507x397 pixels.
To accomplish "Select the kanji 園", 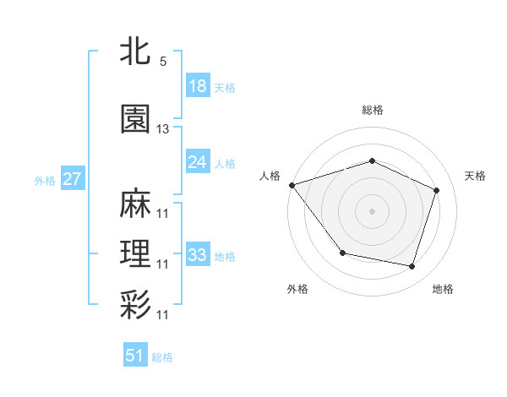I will (x=135, y=120).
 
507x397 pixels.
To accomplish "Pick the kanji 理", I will (x=135, y=253).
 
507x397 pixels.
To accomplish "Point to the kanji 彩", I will (x=135, y=305).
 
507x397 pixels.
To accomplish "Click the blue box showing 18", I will (x=197, y=86).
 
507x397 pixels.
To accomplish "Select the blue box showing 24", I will (x=197, y=162).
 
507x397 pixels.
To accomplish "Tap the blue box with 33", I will (x=197, y=254).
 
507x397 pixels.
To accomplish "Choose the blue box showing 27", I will (x=72, y=179).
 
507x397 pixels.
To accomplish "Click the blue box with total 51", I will (x=135, y=356).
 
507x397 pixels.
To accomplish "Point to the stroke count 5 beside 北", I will (x=162, y=62).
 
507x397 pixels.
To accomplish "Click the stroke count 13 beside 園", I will (x=163, y=129).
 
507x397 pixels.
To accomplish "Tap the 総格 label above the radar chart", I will (x=372, y=110).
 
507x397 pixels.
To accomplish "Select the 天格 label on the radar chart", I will (x=475, y=176).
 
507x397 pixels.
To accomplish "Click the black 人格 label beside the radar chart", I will (x=270, y=176).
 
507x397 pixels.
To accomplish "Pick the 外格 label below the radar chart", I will (x=297, y=289).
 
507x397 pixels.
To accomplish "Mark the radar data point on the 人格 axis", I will (x=292, y=185).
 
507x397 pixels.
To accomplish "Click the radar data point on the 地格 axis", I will (x=412, y=266).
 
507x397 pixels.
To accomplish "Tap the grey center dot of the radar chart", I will (x=372, y=210).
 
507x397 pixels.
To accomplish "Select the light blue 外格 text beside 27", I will (x=45, y=180).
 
